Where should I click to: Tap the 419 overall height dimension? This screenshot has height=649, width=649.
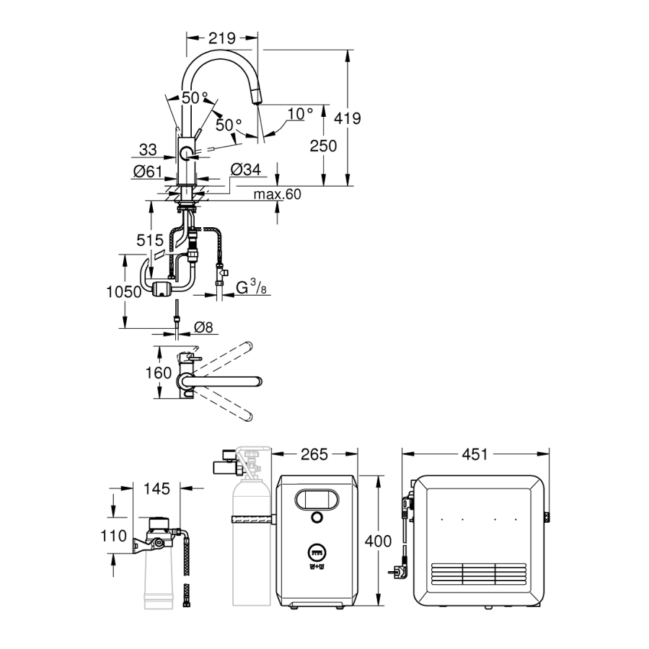[x=346, y=118]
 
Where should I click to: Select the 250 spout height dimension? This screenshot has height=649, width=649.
[x=323, y=145]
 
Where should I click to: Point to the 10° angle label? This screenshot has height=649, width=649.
[x=300, y=113]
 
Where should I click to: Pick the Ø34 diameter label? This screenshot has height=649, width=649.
[x=246, y=170]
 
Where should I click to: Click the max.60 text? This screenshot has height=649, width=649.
[x=278, y=194]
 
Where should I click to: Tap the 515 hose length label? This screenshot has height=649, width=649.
[x=150, y=239]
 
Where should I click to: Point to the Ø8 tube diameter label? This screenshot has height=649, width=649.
[x=204, y=328]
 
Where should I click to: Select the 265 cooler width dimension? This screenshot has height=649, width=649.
[x=314, y=454]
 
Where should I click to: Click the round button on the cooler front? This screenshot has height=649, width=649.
[x=317, y=517]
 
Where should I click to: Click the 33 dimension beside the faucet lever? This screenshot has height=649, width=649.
[x=148, y=149]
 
